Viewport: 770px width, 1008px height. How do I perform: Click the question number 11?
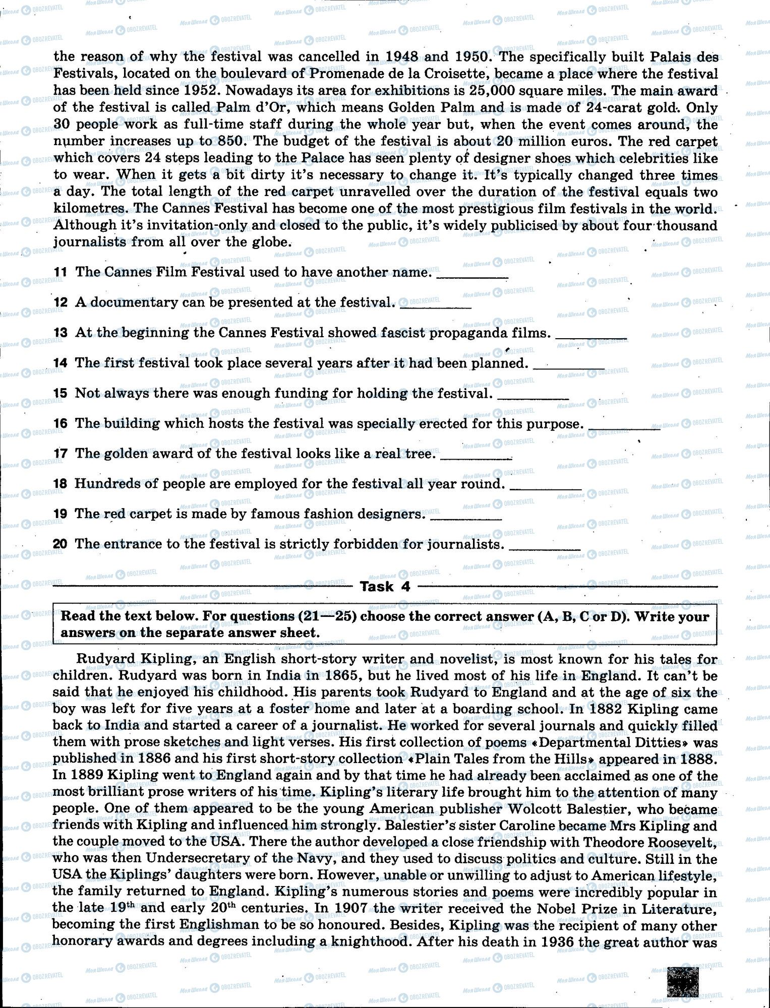pyautogui.click(x=60, y=273)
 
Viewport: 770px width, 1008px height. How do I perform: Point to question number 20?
pyautogui.click(x=60, y=544)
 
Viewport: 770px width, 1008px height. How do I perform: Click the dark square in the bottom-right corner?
pyautogui.click(x=683, y=980)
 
